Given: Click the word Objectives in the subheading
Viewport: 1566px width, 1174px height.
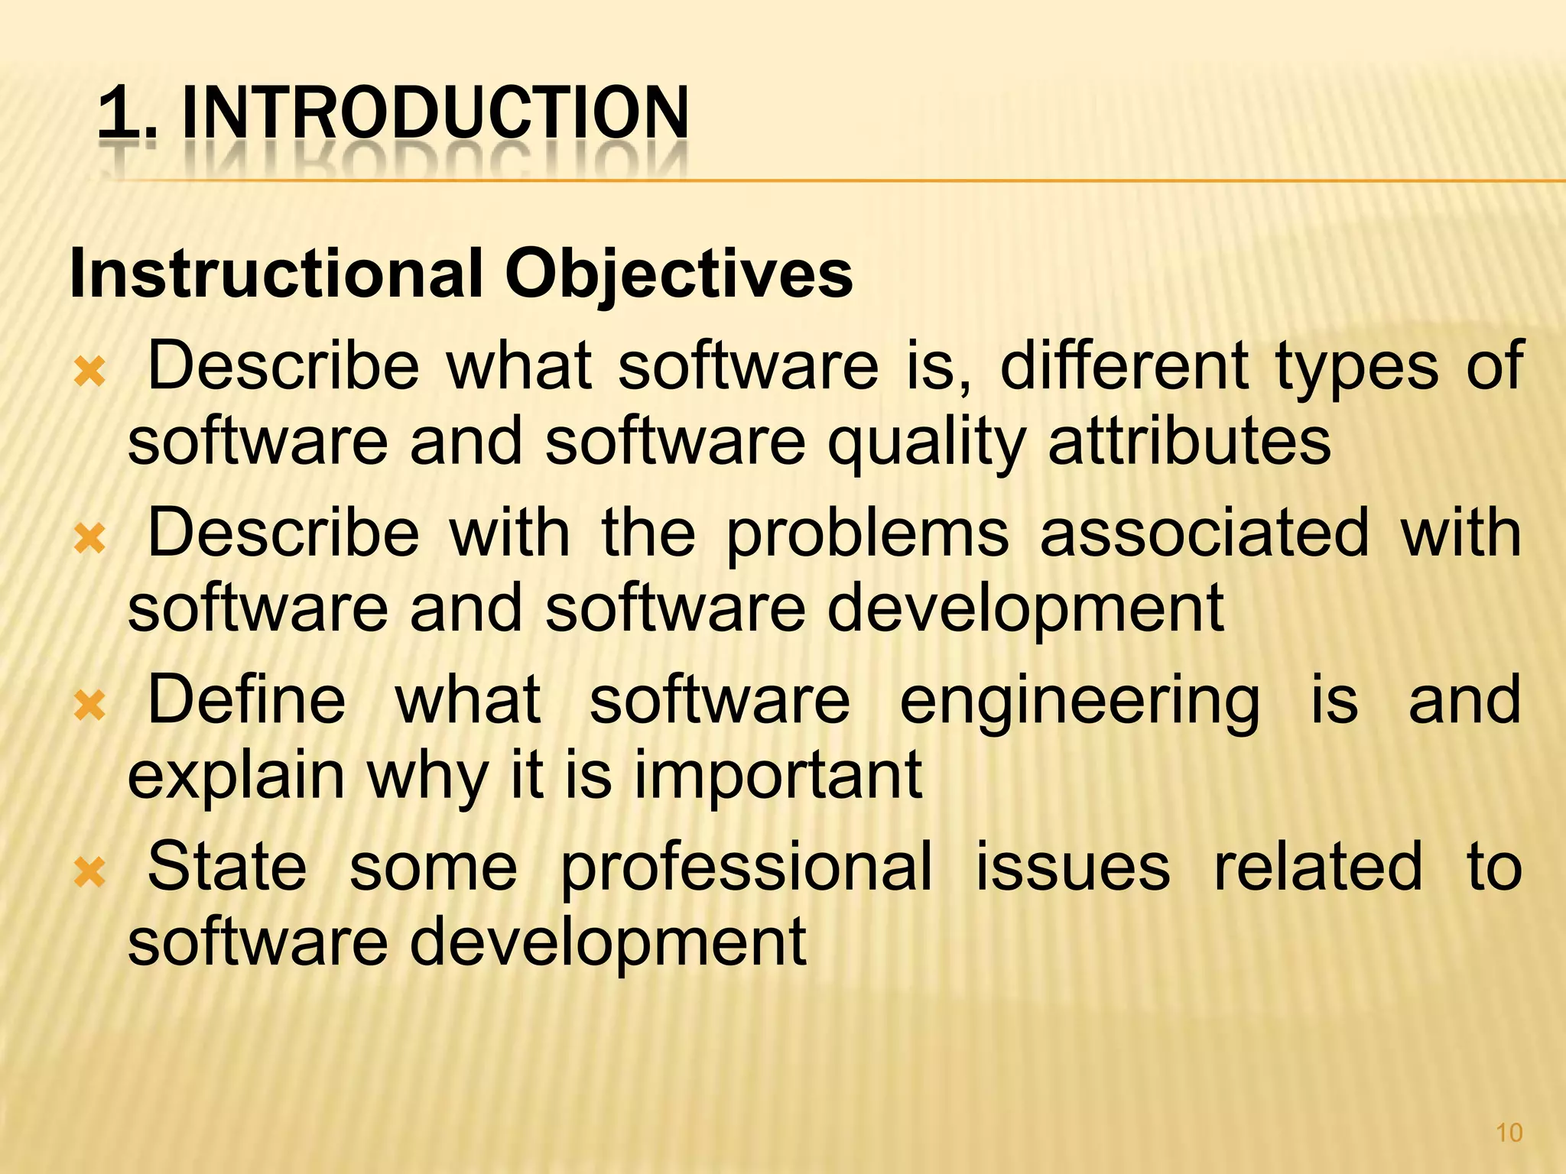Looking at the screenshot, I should (678, 275).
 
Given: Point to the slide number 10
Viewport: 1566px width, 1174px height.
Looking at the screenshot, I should (1509, 1133).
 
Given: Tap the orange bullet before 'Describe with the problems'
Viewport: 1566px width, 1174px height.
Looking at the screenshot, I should (89, 540).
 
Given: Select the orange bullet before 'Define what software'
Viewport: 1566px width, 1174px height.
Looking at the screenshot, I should (89, 706).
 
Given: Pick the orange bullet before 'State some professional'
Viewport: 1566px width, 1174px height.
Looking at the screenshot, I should (89, 873).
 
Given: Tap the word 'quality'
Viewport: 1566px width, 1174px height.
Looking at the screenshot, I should (927, 443).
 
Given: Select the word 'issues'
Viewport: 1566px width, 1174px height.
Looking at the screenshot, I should (1072, 867).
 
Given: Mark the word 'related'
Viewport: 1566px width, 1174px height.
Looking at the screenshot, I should (1318, 867).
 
